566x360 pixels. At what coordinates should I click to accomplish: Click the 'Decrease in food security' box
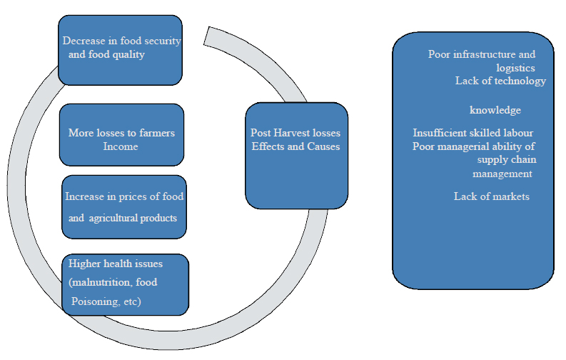119,49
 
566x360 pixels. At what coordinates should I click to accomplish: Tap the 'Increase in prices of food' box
124,207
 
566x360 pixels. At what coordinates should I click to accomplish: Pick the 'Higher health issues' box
126,284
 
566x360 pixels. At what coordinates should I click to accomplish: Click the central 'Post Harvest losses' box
296,155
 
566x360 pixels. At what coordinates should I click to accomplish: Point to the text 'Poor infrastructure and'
482,54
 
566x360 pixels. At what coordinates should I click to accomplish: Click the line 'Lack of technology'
500,81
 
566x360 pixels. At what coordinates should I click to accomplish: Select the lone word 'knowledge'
495,111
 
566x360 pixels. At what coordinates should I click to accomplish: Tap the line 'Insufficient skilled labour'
473,134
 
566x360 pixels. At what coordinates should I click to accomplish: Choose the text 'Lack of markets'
492,196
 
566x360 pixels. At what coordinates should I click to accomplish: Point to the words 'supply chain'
507,160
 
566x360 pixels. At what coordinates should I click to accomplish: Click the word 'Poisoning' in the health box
95,301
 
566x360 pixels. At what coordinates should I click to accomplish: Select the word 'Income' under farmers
121,146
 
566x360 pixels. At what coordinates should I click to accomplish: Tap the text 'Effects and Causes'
295,146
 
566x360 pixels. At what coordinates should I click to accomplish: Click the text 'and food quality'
106,54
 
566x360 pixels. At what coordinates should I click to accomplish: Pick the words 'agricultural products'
133,218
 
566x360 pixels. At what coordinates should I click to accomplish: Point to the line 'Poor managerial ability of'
474,147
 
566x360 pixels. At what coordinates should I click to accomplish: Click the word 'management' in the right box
502,174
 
